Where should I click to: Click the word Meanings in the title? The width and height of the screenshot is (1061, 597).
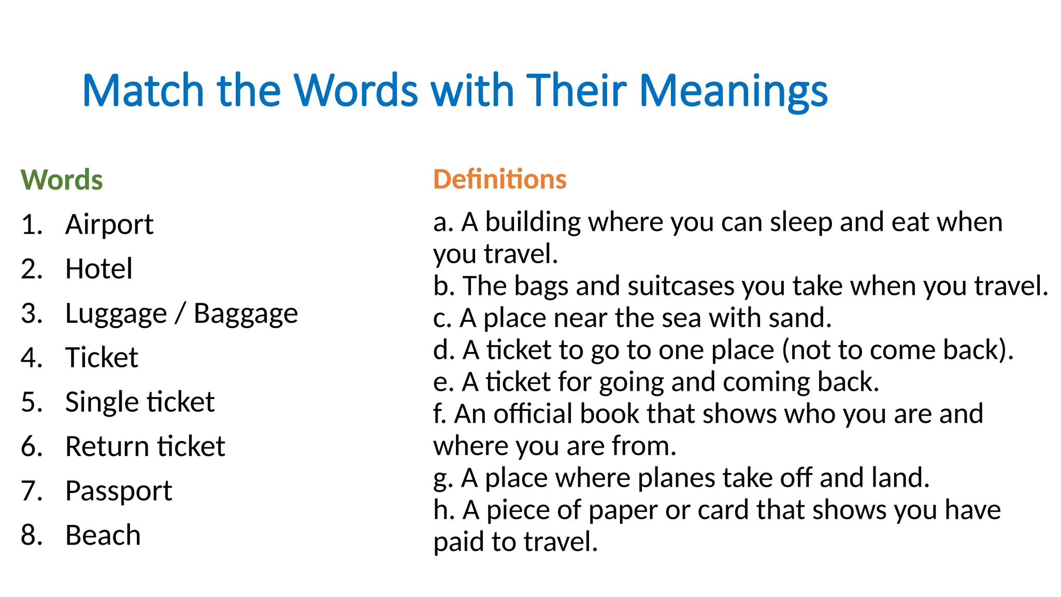pyautogui.click(x=733, y=91)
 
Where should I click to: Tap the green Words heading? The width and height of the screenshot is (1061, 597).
pyautogui.click(x=62, y=180)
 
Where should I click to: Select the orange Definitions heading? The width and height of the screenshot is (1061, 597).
pyautogui.click(x=499, y=179)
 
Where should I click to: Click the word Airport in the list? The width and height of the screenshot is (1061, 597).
pyautogui.click(x=109, y=224)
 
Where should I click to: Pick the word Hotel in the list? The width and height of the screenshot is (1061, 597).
pyautogui.click(x=99, y=269)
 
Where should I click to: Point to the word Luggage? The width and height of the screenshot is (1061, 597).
pyautogui.click(x=116, y=314)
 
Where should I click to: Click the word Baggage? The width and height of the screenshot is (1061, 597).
pyautogui.click(x=246, y=314)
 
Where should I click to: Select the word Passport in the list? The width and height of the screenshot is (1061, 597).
pyautogui.click(x=119, y=491)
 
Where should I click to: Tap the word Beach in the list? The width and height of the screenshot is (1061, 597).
pyautogui.click(x=103, y=535)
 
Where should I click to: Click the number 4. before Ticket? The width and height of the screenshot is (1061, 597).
pyautogui.click(x=32, y=358)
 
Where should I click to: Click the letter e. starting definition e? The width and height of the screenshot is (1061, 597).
pyautogui.click(x=443, y=382)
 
